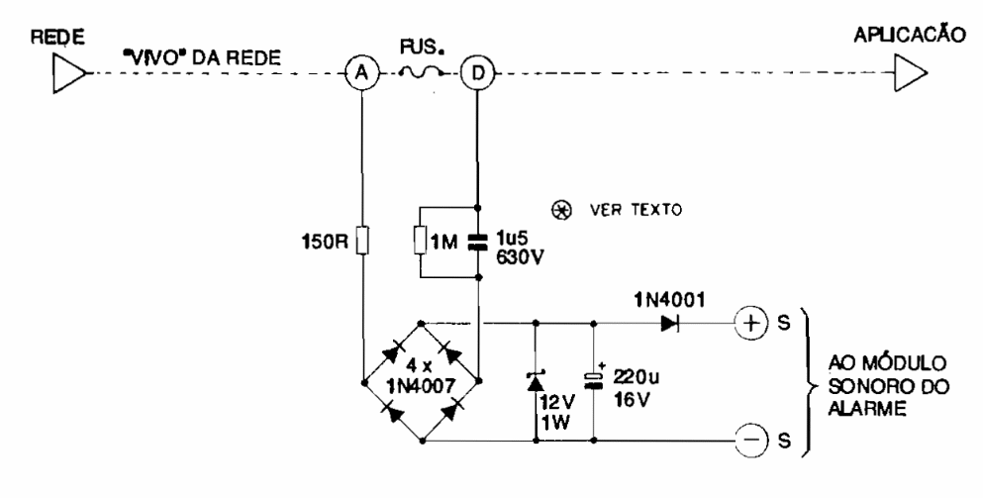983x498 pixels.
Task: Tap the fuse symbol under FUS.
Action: coord(420,69)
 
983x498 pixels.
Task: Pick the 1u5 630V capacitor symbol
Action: coord(478,241)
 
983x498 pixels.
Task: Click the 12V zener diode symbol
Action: coord(537,380)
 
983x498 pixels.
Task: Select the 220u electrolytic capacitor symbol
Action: coord(595,380)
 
